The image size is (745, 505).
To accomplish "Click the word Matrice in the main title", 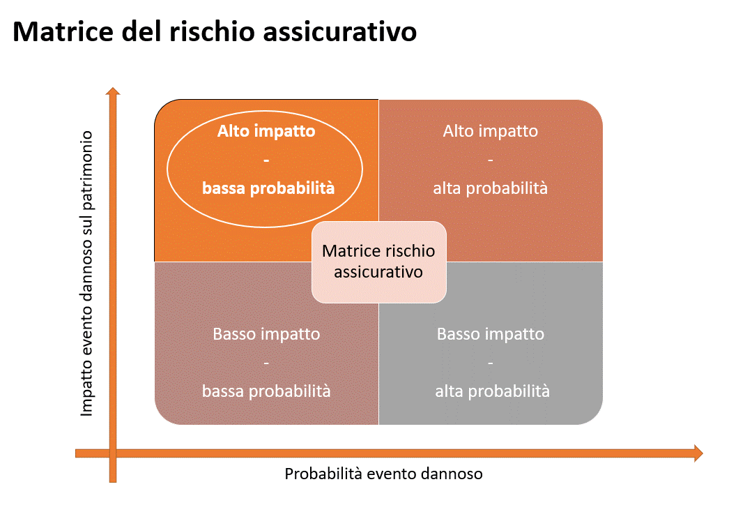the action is coord(63,32).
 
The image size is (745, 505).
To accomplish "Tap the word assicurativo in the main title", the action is coord(339,32).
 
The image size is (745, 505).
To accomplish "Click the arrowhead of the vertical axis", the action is coord(113,91).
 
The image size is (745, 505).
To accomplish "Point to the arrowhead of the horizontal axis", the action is coord(698,453).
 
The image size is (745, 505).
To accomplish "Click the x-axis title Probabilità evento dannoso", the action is coord(383,474).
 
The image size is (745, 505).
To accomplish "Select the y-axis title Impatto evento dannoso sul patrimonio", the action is coord(86,273).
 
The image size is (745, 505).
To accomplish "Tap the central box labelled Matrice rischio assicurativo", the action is coord(378,262).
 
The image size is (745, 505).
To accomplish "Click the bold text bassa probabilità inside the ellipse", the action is coord(268,188).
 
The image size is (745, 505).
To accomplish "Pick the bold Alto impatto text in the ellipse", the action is coord(266,130).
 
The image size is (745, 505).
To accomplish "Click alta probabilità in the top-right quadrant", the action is coord(491,188).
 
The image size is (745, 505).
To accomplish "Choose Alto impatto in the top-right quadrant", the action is coord(491,130).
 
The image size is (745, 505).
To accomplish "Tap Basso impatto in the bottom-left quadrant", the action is coord(266,334).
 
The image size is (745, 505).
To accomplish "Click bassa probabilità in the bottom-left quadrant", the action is coord(266,391).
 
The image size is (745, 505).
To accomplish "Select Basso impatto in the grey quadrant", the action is coord(491,334).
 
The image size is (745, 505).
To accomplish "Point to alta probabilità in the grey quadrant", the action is coord(492,391).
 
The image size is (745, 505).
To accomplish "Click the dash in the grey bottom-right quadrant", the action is coord(491,363).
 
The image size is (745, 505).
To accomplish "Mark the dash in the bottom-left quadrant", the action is coord(266,363).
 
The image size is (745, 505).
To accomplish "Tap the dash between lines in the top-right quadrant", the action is coord(491,160).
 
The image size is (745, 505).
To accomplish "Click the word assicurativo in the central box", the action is coord(378,272).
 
